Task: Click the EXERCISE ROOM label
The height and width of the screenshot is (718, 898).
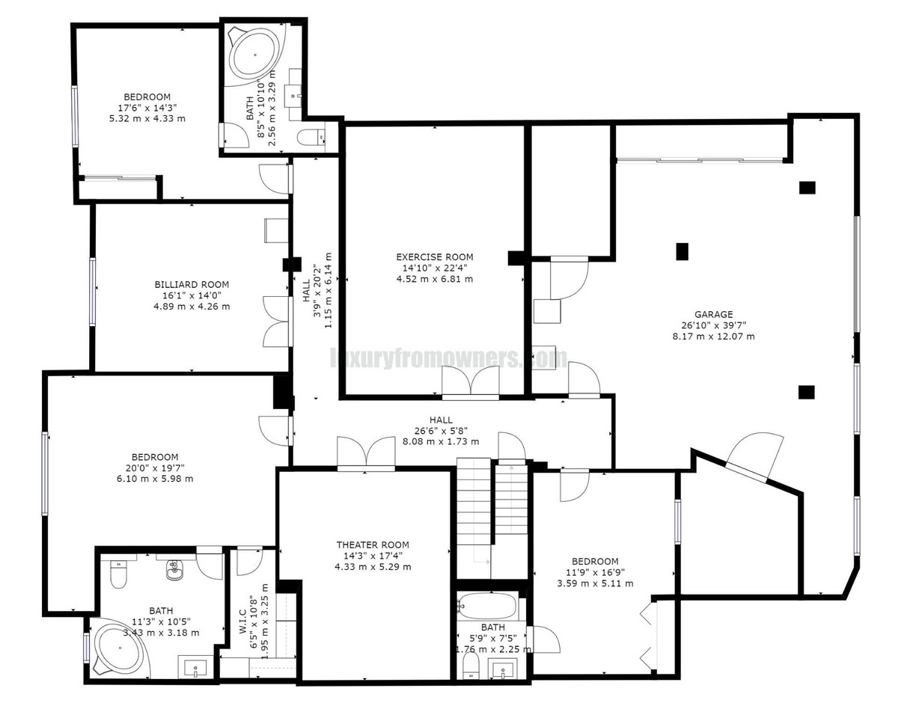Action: tap(435, 257)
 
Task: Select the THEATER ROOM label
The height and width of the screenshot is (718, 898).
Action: tap(373, 545)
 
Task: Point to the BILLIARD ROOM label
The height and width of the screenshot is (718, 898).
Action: tap(192, 284)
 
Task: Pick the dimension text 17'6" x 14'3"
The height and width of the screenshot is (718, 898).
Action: tap(147, 108)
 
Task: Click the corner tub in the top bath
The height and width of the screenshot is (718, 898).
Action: tap(254, 53)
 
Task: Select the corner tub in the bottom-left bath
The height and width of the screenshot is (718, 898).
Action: tap(120, 648)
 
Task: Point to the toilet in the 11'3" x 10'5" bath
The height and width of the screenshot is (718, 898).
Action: tap(119, 574)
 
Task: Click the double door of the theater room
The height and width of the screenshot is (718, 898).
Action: tap(366, 454)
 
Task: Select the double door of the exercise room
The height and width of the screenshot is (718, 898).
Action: tap(470, 382)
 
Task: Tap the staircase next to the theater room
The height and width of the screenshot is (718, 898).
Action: tap(474, 516)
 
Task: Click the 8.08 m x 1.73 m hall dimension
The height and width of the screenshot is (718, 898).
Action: tap(441, 441)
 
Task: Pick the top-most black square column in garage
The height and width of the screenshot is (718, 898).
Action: tap(807, 187)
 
